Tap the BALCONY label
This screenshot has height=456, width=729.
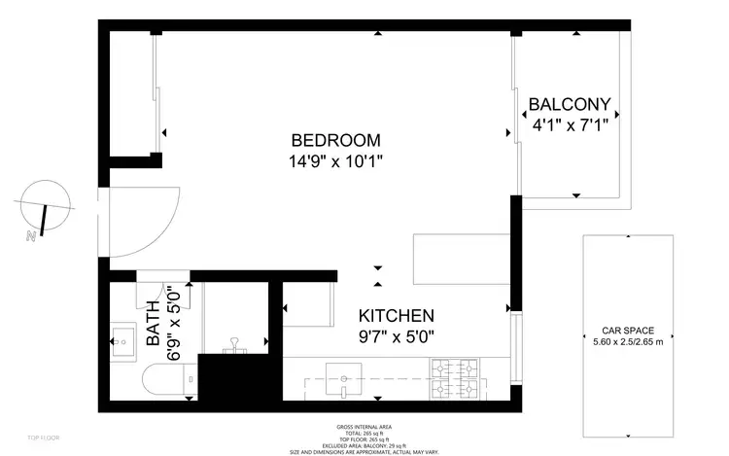[x=569, y=104]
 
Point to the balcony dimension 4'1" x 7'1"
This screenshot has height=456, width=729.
[x=569, y=124]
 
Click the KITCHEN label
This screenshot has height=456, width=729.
[x=396, y=316]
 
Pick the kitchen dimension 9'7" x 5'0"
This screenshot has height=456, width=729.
[x=396, y=336]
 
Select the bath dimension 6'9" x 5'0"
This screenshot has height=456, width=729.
[x=174, y=309]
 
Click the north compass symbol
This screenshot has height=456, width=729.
[x=45, y=206]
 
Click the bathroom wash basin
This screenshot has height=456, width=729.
[x=121, y=340]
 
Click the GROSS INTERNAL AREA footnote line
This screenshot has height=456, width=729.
[x=364, y=427]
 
